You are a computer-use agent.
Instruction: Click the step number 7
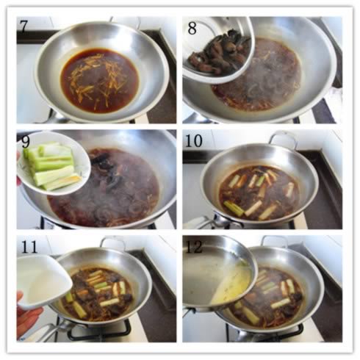24,26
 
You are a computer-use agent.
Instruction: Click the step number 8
192,29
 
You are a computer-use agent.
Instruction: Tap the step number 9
25,142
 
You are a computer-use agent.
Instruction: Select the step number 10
194,141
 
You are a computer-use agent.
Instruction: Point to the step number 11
29,247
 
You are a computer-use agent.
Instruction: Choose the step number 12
195,247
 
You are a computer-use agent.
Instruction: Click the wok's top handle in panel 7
125,20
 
